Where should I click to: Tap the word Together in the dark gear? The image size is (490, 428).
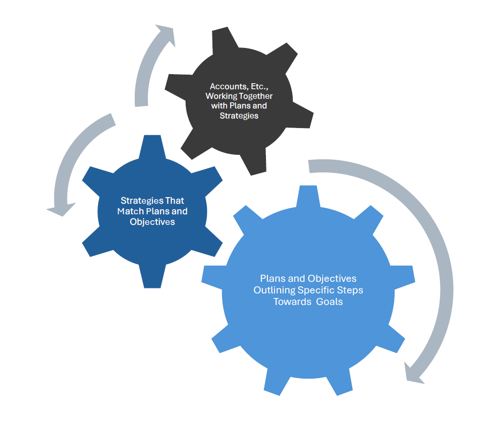257,96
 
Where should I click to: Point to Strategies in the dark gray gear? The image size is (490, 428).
239,115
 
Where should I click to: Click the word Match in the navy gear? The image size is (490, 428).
130,211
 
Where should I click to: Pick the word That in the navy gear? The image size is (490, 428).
174,201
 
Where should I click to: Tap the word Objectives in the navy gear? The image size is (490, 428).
152,221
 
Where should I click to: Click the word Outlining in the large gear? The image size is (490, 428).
274,290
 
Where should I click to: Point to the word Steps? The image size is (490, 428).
350,290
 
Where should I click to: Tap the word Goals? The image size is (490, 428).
330,301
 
